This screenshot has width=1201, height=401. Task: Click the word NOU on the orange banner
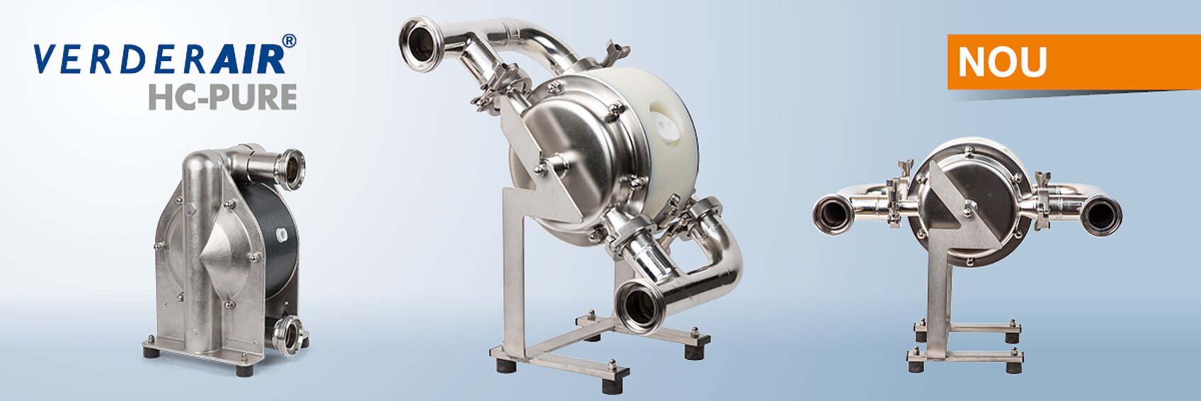1002,62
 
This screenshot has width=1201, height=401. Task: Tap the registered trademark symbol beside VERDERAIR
288,41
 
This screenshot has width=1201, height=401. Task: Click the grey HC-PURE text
222,96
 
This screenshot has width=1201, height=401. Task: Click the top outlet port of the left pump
290,169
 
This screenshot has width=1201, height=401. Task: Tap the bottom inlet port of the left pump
288,335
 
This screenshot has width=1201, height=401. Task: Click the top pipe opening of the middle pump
421,44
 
